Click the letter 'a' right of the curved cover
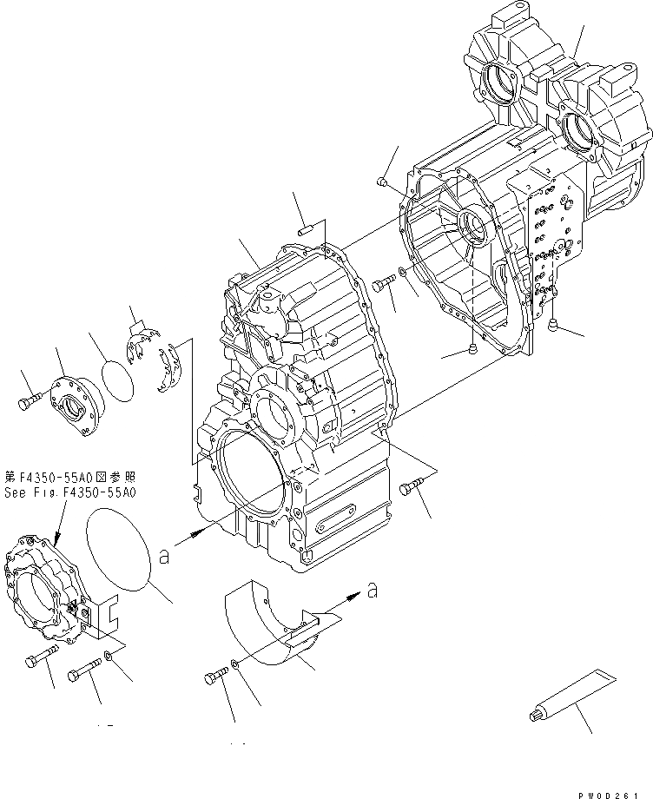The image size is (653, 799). (373, 591)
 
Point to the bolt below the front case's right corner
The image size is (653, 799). (411, 490)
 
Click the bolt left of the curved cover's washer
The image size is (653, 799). (215, 677)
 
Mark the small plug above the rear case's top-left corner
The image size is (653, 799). (382, 181)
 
